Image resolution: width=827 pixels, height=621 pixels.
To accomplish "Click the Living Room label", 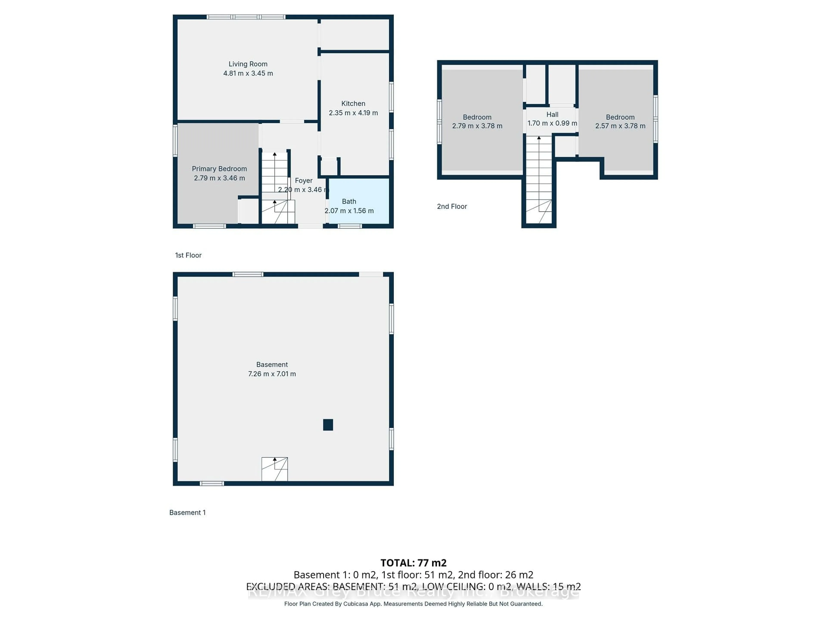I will point(248,64).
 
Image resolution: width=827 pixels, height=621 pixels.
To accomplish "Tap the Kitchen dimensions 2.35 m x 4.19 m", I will point(353,113).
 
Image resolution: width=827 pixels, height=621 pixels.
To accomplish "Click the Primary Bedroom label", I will point(219,169).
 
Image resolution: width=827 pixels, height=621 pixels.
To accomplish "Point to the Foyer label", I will point(303,180).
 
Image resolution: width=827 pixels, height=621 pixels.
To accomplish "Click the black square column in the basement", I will point(328,425).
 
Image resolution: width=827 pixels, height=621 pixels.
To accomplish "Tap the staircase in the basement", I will point(274,469).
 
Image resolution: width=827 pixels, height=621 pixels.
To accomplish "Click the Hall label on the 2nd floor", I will point(552,114).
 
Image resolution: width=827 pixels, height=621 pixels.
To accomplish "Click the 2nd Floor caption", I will point(452,207).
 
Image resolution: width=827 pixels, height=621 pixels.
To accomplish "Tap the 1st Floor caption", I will point(188,255).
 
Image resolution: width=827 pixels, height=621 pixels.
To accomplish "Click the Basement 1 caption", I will point(187,513).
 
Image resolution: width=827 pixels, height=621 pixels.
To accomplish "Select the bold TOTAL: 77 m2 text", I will point(413,563).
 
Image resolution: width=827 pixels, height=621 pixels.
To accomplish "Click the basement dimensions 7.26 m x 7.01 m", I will point(272,374).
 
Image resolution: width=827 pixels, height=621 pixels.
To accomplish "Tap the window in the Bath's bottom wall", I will point(350,226).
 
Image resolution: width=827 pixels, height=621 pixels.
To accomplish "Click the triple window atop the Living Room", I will point(246,17).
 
